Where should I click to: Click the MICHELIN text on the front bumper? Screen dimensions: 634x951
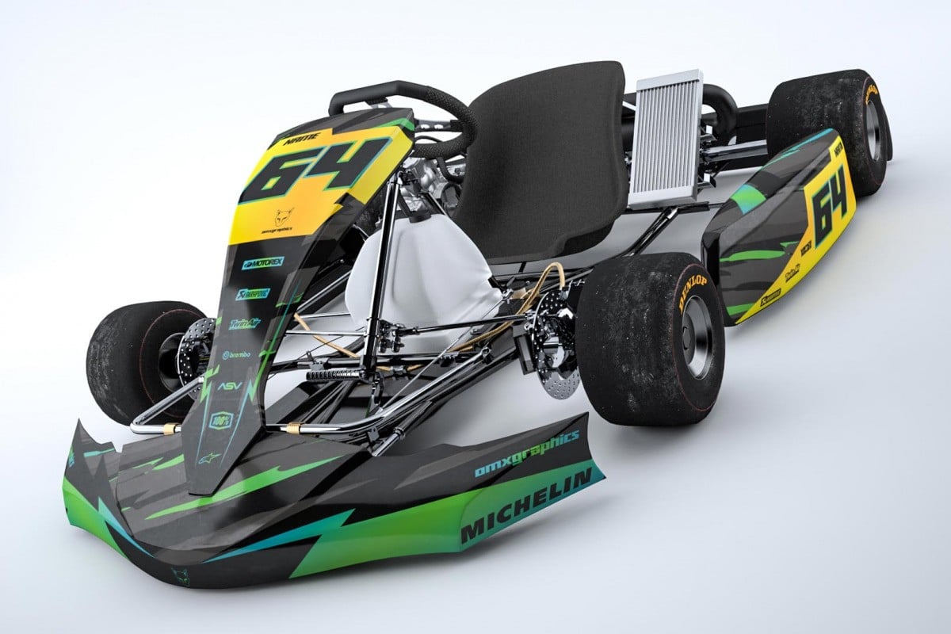(x=526, y=506)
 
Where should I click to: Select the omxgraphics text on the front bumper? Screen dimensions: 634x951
(x=526, y=453)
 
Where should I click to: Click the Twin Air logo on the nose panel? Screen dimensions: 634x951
(x=245, y=323)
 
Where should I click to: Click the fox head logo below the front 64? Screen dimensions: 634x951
(x=283, y=216)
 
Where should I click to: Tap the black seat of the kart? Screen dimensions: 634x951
(x=547, y=158)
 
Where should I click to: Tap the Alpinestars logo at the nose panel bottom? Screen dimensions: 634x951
(x=208, y=458)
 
